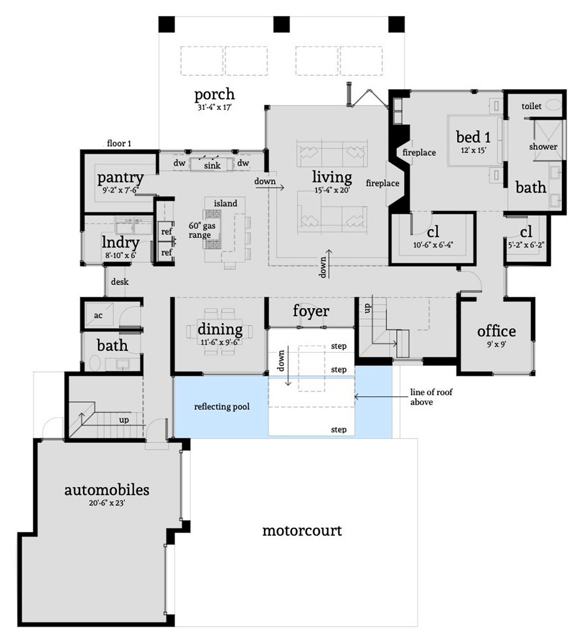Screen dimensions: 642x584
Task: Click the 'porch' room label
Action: click(214, 94)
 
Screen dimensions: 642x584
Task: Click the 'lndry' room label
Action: click(120, 243)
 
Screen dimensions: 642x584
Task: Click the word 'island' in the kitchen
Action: click(225, 203)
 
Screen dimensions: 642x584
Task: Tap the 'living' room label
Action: click(332, 176)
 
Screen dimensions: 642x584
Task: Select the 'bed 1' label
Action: click(473, 137)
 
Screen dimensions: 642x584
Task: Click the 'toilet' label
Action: click(532, 106)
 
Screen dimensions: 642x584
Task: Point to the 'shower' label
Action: click(543, 146)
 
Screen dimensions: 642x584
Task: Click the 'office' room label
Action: click(496, 331)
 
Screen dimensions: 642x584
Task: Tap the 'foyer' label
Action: click(310, 311)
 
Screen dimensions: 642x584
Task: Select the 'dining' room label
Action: click(220, 329)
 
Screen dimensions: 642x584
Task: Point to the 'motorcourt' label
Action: click(301, 531)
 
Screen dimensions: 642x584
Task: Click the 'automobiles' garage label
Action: click(106, 489)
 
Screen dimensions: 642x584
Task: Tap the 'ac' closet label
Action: click(98, 315)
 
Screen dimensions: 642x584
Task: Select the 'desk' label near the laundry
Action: click(120, 281)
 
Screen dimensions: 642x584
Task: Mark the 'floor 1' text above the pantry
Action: click(120, 142)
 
